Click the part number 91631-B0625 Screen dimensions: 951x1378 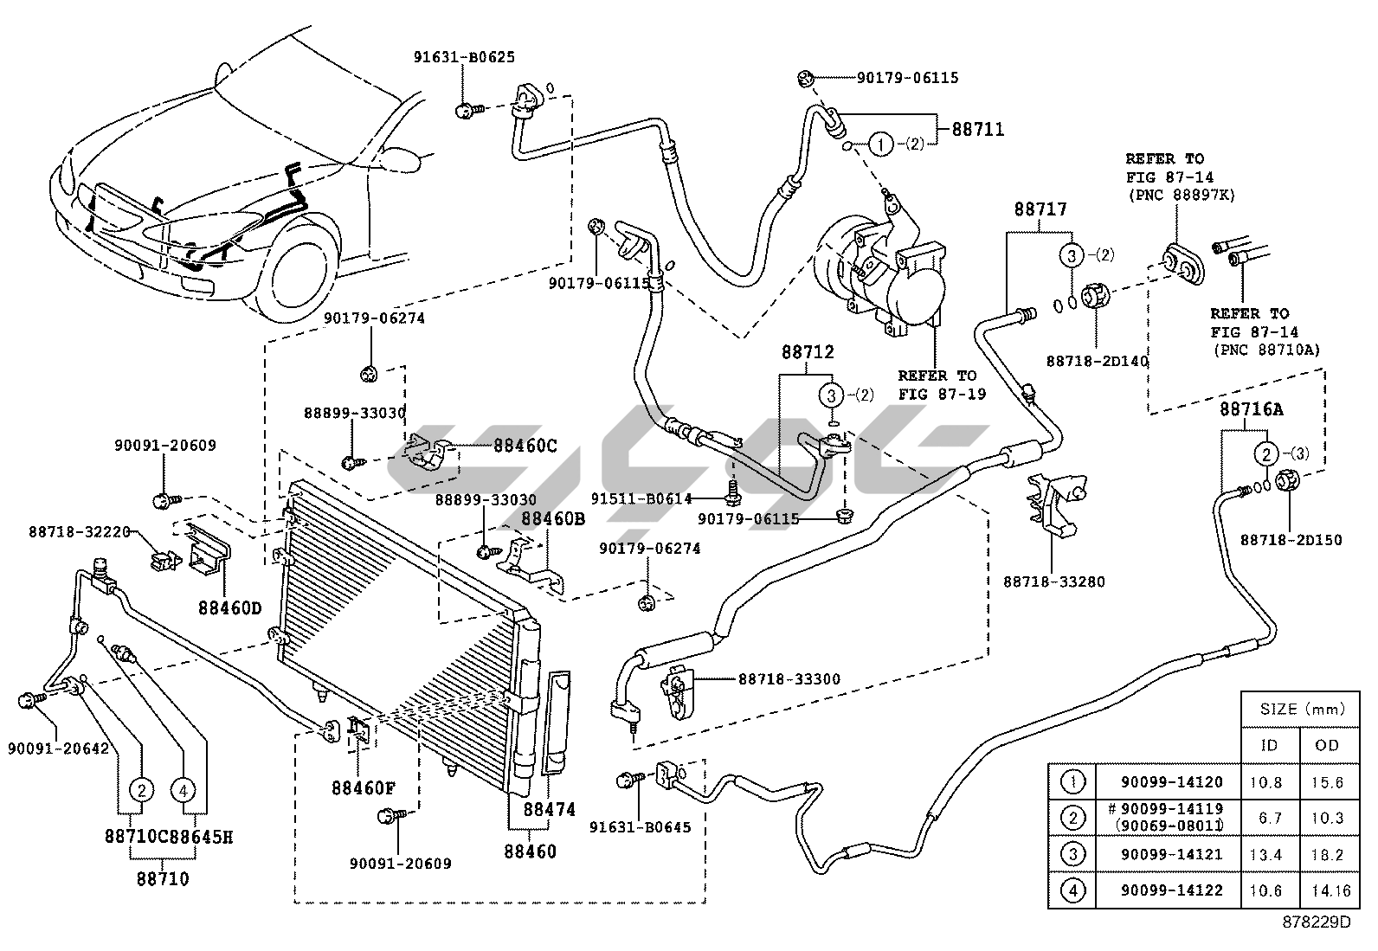tap(464, 58)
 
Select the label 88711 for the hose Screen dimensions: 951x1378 tap(978, 130)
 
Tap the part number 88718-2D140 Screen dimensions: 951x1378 tap(1097, 361)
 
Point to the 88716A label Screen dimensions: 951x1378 tap(1252, 410)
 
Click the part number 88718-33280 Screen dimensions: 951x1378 tap(1054, 582)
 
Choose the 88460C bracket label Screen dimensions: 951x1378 tap(525, 447)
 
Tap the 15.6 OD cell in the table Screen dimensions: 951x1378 tap(1327, 782)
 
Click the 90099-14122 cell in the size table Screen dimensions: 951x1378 tap(1171, 890)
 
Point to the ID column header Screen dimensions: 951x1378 tap(1269, 745)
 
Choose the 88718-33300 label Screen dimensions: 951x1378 tap(789, 679)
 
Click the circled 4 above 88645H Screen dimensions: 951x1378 tap(184, 789)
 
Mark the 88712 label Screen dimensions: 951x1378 tap(808, 353)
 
